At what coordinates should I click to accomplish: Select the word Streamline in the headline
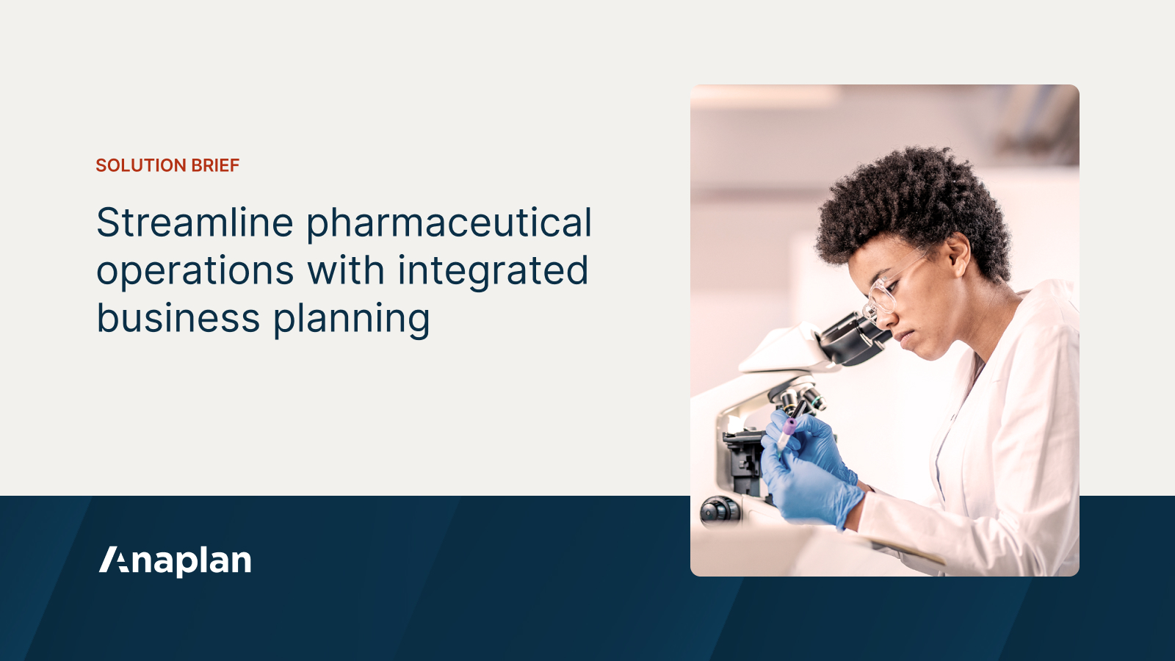point(195,223)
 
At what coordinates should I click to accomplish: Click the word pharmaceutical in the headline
point(449,223)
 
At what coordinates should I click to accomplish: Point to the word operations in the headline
point(195,271)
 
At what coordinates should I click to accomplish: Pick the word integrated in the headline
point(493,271)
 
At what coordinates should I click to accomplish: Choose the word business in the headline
point(178,318)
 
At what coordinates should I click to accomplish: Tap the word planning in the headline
point(352,319)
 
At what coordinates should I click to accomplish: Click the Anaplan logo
point(176,561)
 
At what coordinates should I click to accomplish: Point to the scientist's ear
point(957,253)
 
